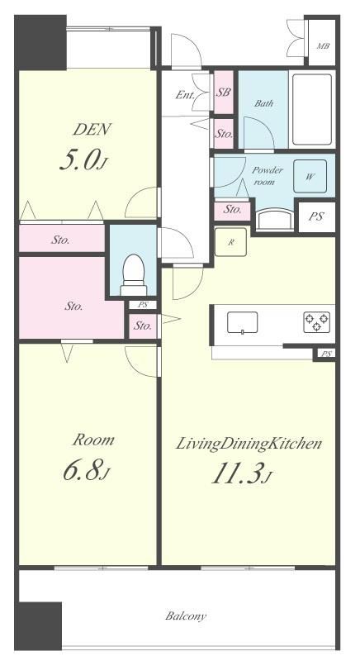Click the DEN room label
pos(92,130)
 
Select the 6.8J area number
pos(87,471)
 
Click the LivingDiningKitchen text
pos(249,444)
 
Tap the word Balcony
pos(186,616)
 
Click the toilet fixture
pos(134,275)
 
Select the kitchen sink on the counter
pos(242,323)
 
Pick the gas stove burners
pos(316,322)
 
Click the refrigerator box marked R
pos(230,242)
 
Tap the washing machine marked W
pos(310,177)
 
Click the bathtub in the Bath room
pos(311,110)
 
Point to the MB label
pos(323,46)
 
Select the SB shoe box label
pos(223,93)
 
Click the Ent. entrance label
pos(185,95)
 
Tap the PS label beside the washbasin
pos(316,216)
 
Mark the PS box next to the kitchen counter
pos(326,354)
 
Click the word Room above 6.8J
pos(93,440)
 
